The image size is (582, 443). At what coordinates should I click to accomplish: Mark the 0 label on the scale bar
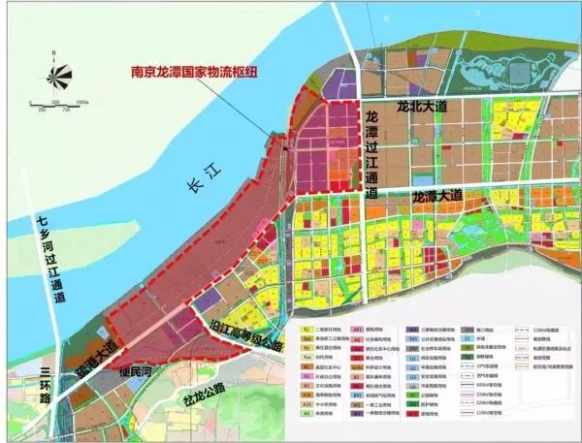[x=32, y=100]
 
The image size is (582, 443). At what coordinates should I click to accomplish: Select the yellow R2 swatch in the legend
[x=307, y=331]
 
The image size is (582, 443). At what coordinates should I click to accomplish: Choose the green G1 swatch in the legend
[x=414, y=396]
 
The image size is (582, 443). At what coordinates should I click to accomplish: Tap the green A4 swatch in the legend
[x=307, y=413]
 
